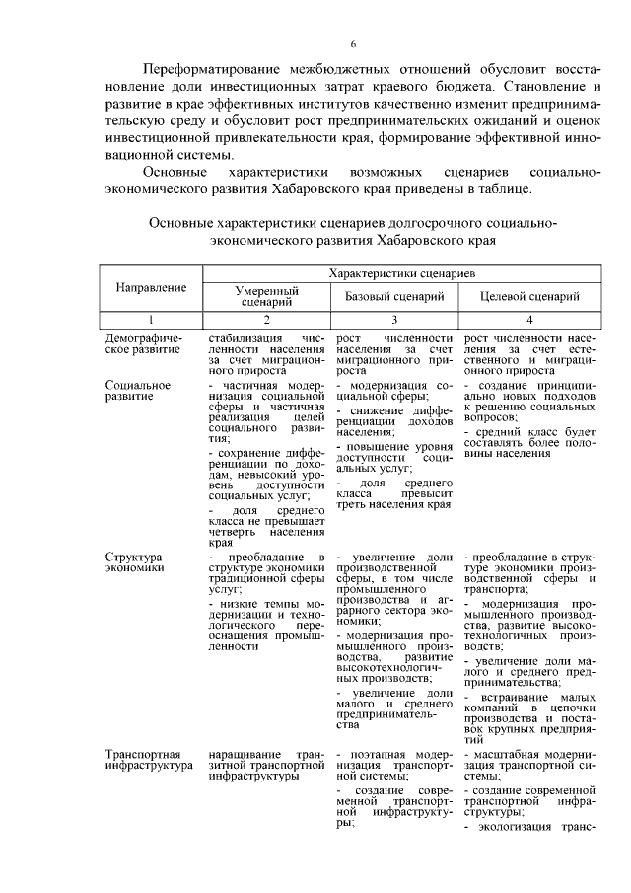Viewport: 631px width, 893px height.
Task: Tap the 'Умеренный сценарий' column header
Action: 266,297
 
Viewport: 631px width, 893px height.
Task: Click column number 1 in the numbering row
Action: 152,319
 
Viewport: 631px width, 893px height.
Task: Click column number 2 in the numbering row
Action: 266,319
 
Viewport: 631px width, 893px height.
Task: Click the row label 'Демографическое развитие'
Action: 144,343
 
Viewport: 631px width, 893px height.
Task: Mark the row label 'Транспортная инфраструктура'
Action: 144,759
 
